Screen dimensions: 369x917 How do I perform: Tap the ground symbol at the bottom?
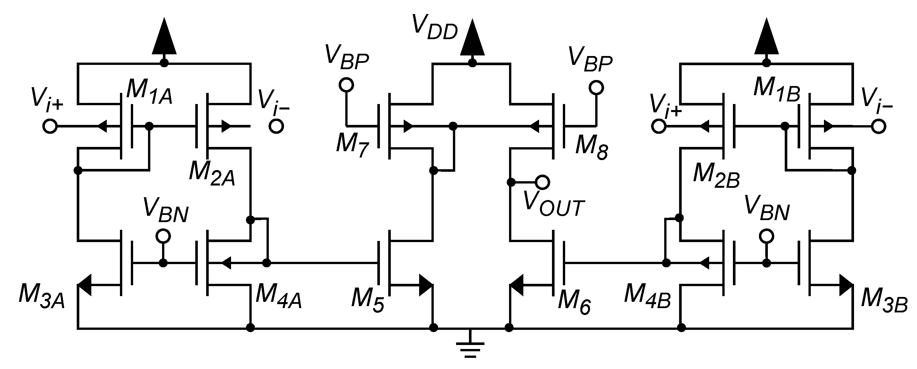click(470, 347)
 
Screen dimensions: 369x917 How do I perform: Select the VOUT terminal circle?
click(543, 182)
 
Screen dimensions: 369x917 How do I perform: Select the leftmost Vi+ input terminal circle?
click(50, 126)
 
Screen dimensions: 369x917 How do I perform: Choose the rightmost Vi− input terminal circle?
click(879, 126)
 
